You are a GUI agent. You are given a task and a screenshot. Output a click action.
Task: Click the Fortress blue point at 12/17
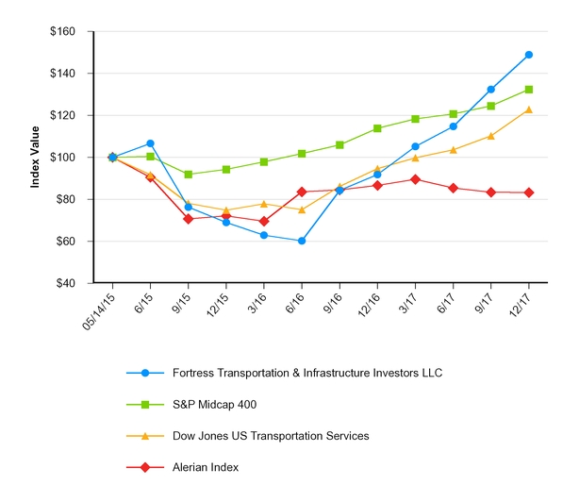529,55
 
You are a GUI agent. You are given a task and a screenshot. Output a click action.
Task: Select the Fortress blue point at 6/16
302,241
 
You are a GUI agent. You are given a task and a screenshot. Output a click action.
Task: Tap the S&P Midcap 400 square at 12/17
529,90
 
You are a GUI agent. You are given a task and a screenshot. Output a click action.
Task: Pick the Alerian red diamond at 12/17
529,192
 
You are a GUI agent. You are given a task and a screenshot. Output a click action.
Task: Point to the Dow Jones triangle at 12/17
529,109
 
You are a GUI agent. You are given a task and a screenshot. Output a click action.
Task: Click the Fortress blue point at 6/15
151,143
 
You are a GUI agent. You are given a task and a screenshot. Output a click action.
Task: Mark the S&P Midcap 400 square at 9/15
189,175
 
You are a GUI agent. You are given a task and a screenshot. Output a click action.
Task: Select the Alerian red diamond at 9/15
189,219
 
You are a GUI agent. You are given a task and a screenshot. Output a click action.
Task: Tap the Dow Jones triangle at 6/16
302,209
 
